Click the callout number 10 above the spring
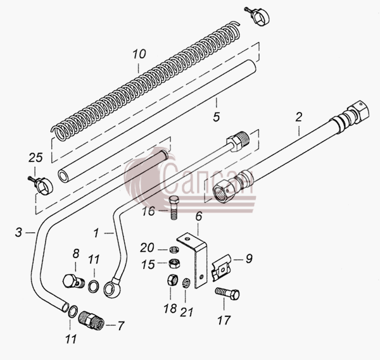tap(139, 54)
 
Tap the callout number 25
tap(35, 158)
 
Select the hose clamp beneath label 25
tap(41, 185)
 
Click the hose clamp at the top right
tap(258, 16)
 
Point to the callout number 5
tap(217, 117)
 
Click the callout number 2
tap(299, 117)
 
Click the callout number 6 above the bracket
tap(199, 216)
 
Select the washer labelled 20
tap(174, 249)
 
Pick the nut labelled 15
tap(174, 263)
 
